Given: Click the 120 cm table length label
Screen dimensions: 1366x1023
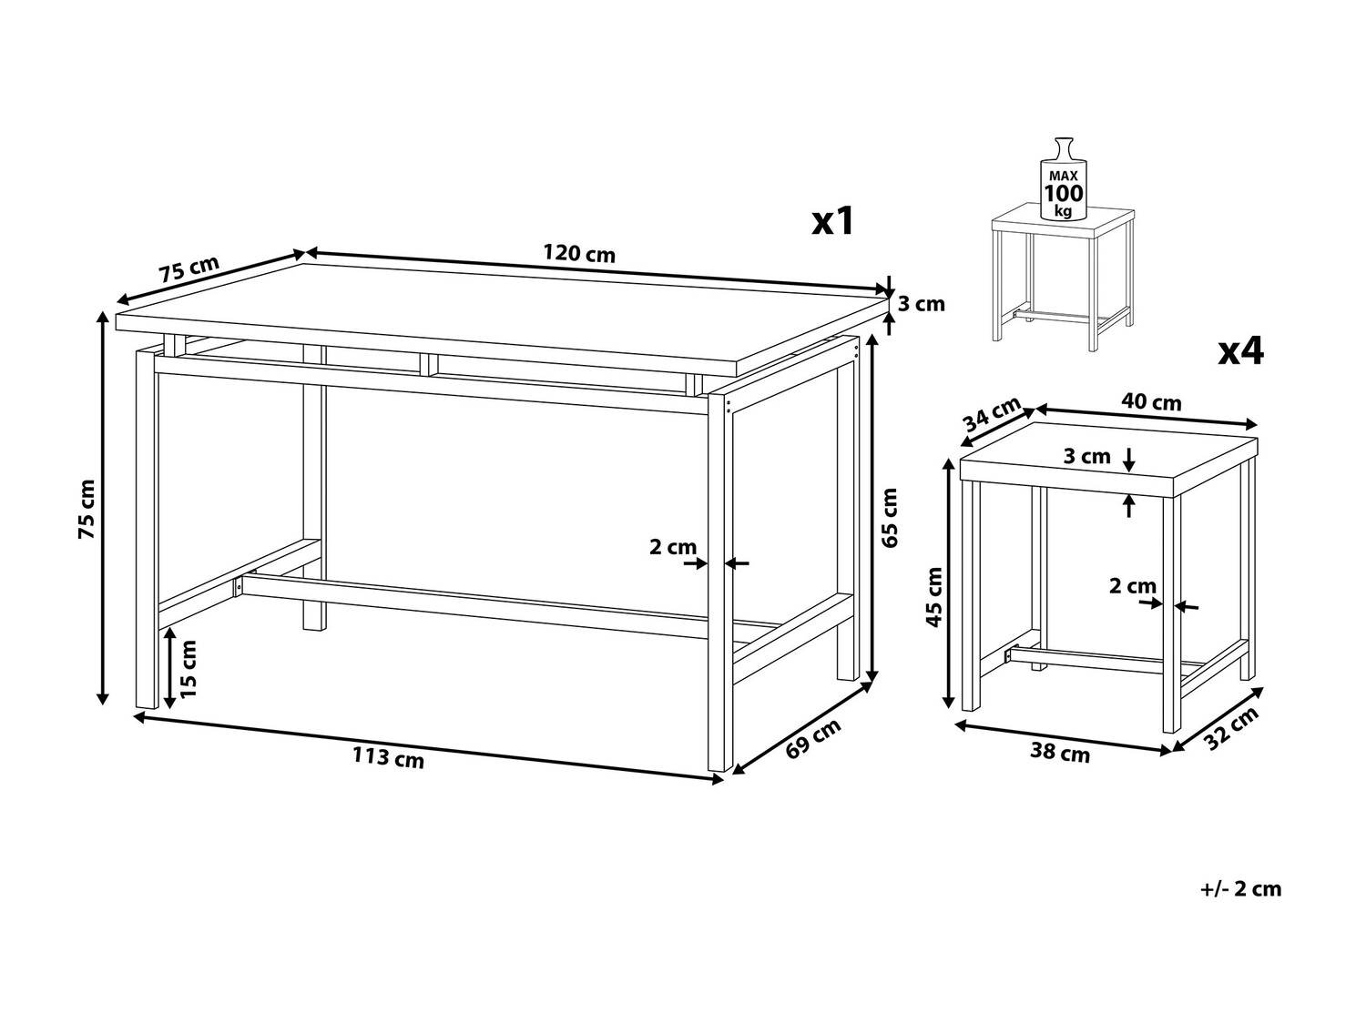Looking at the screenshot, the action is click(579, 253).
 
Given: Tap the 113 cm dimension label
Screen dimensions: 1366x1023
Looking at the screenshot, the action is click(388, 757).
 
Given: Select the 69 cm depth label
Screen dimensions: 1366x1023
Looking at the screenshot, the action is click(812, 738).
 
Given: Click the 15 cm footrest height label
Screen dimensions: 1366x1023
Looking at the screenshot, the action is click(188, 669).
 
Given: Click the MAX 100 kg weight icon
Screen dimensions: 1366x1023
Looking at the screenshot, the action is click(1064, 179).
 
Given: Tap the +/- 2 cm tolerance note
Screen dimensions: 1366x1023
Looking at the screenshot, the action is click(1241, 888).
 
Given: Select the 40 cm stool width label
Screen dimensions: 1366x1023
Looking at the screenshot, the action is click(1151, 402).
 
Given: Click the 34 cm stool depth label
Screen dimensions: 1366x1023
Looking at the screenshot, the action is click(992, 413).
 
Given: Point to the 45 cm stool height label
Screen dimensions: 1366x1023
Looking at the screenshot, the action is click(934, 597).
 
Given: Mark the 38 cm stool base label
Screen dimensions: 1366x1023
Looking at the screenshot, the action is click(1060, 753).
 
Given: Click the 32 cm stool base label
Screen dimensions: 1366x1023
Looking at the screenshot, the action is click(1230, 728).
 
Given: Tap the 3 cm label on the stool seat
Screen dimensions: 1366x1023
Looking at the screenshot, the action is click(1086, 456).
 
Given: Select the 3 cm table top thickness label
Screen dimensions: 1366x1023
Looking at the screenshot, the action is click(921, 304).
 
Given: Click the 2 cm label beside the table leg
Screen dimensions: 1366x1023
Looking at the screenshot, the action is click(673, 547).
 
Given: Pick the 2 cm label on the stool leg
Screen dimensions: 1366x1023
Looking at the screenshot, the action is click(1133, 586).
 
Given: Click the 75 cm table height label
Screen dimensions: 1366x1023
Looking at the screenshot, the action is click(87, 510).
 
